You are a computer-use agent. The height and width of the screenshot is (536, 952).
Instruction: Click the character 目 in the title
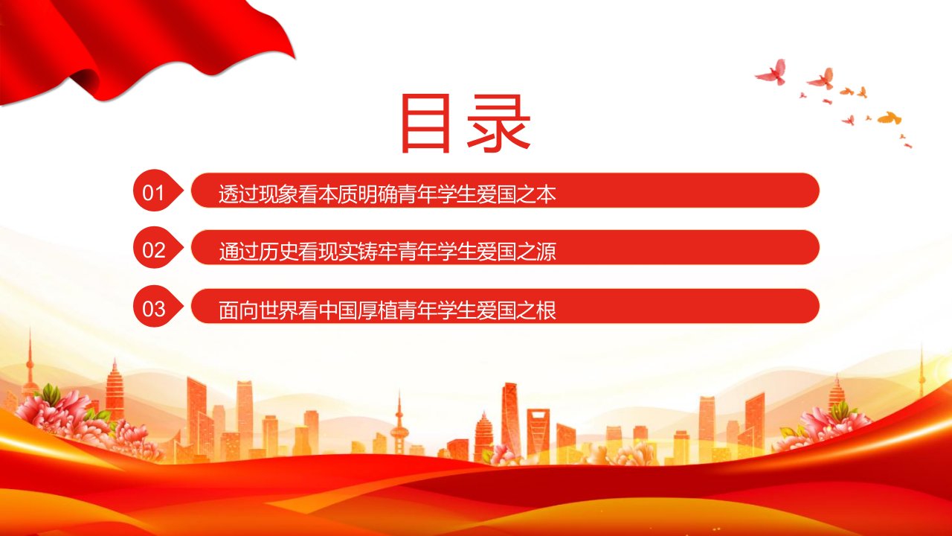coord(425,124)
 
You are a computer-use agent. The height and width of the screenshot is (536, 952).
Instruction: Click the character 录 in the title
coord(499,124)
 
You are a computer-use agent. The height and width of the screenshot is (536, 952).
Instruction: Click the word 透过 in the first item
coord(239,194)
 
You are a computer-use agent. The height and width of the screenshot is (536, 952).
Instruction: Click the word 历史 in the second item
coord(278,252)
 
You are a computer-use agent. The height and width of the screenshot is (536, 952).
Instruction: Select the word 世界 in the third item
coord(278,310)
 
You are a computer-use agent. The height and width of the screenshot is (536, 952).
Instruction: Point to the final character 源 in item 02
coord(547,252)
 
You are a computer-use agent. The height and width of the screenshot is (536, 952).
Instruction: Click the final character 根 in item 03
coord(547,310)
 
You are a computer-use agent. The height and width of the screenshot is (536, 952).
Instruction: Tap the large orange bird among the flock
coord(889,118)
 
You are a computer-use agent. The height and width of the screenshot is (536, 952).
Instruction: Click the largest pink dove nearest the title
coord(771,72)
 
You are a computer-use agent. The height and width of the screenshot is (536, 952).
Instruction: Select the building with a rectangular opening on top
coord(538,434)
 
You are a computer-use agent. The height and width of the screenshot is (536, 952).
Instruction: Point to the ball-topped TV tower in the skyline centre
coord(399,425)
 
